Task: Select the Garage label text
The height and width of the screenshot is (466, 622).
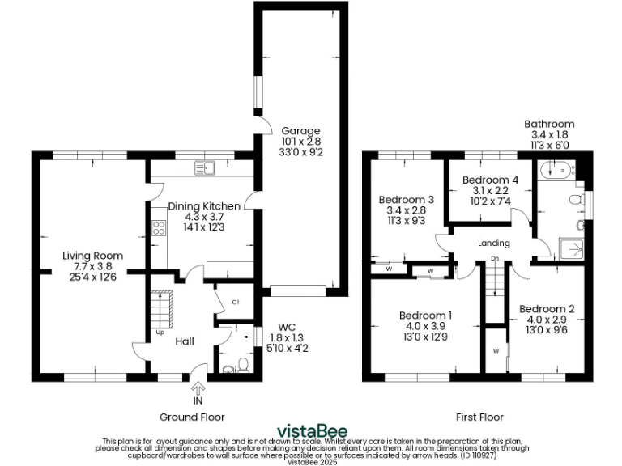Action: click(300, 130)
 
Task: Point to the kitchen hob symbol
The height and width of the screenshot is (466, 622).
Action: click(159, 228)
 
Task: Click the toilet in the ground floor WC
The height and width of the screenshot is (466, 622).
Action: click(229, 368)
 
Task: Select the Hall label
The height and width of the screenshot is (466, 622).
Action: click(185, 341)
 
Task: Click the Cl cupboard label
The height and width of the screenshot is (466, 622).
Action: click(235, 302)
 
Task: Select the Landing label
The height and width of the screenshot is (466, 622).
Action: click(494, 244)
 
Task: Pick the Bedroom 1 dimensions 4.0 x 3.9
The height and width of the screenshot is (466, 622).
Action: click(425, 327)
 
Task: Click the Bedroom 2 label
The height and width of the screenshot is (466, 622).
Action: click(547, 308)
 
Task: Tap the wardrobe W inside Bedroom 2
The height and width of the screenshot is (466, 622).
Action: click(495, 350)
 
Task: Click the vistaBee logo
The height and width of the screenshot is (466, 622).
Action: click(311, 430)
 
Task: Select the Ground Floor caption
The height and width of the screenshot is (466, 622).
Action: click(191, 417)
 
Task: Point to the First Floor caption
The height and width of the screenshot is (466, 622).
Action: click(479, 417)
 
